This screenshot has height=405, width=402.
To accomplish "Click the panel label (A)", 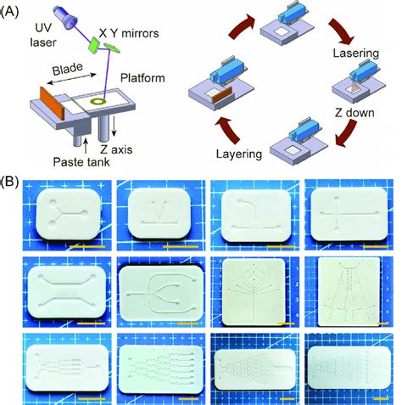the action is click(x=10, y=13).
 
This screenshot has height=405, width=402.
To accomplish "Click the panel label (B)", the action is click(x=10, y=182).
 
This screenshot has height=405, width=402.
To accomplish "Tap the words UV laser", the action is click(x=43, y=35).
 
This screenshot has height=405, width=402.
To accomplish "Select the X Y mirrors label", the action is click(x=129, y=33).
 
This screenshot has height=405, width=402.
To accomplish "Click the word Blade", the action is click(x=68, y=69).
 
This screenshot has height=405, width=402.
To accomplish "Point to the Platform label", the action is click(x=142, y=78).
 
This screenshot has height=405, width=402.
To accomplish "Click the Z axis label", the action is click(x=116, y=149).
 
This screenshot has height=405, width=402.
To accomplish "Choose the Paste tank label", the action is click(x=81, y=162).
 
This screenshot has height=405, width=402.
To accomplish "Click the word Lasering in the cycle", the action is click(x=355, y=53).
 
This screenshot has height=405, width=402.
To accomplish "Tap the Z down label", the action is click(x=355, y=113).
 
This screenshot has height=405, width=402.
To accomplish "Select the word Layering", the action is click(x=239, y=155).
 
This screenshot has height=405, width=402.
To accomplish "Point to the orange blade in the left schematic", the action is click(x=53, y=103).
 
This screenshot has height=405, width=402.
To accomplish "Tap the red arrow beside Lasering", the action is click(x=341, y=31).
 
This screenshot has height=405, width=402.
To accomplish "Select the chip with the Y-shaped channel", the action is click(x=69, y=214).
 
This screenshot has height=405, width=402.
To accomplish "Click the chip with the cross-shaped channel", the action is click(x=349, y=214).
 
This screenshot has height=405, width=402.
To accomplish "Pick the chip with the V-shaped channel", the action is click(x=159, y=213).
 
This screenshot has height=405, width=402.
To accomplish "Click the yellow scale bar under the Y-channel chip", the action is click(x=87, y=247).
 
